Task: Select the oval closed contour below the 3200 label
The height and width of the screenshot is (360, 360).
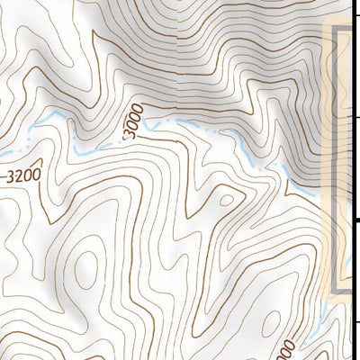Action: pos(87,268)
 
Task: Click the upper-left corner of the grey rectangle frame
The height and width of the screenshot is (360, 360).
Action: pos(337,30)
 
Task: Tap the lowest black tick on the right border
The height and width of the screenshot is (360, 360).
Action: pos(356,321)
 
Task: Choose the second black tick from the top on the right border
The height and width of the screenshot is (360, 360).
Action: pos(356,118)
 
